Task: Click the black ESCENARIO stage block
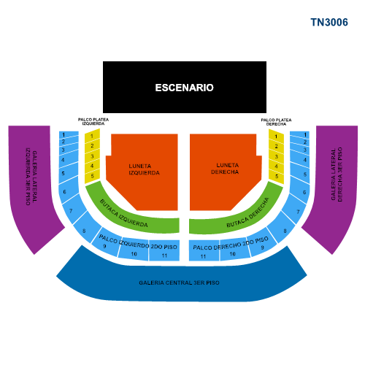tap(185, 87)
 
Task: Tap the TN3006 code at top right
tap(329, 23)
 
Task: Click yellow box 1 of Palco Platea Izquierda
tap(92, 136)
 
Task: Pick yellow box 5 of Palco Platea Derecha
tap(277, 176)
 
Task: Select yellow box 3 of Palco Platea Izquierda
tap(92, 156)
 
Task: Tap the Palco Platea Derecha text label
tap(276, 122)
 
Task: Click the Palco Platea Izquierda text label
tap(93, 121)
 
